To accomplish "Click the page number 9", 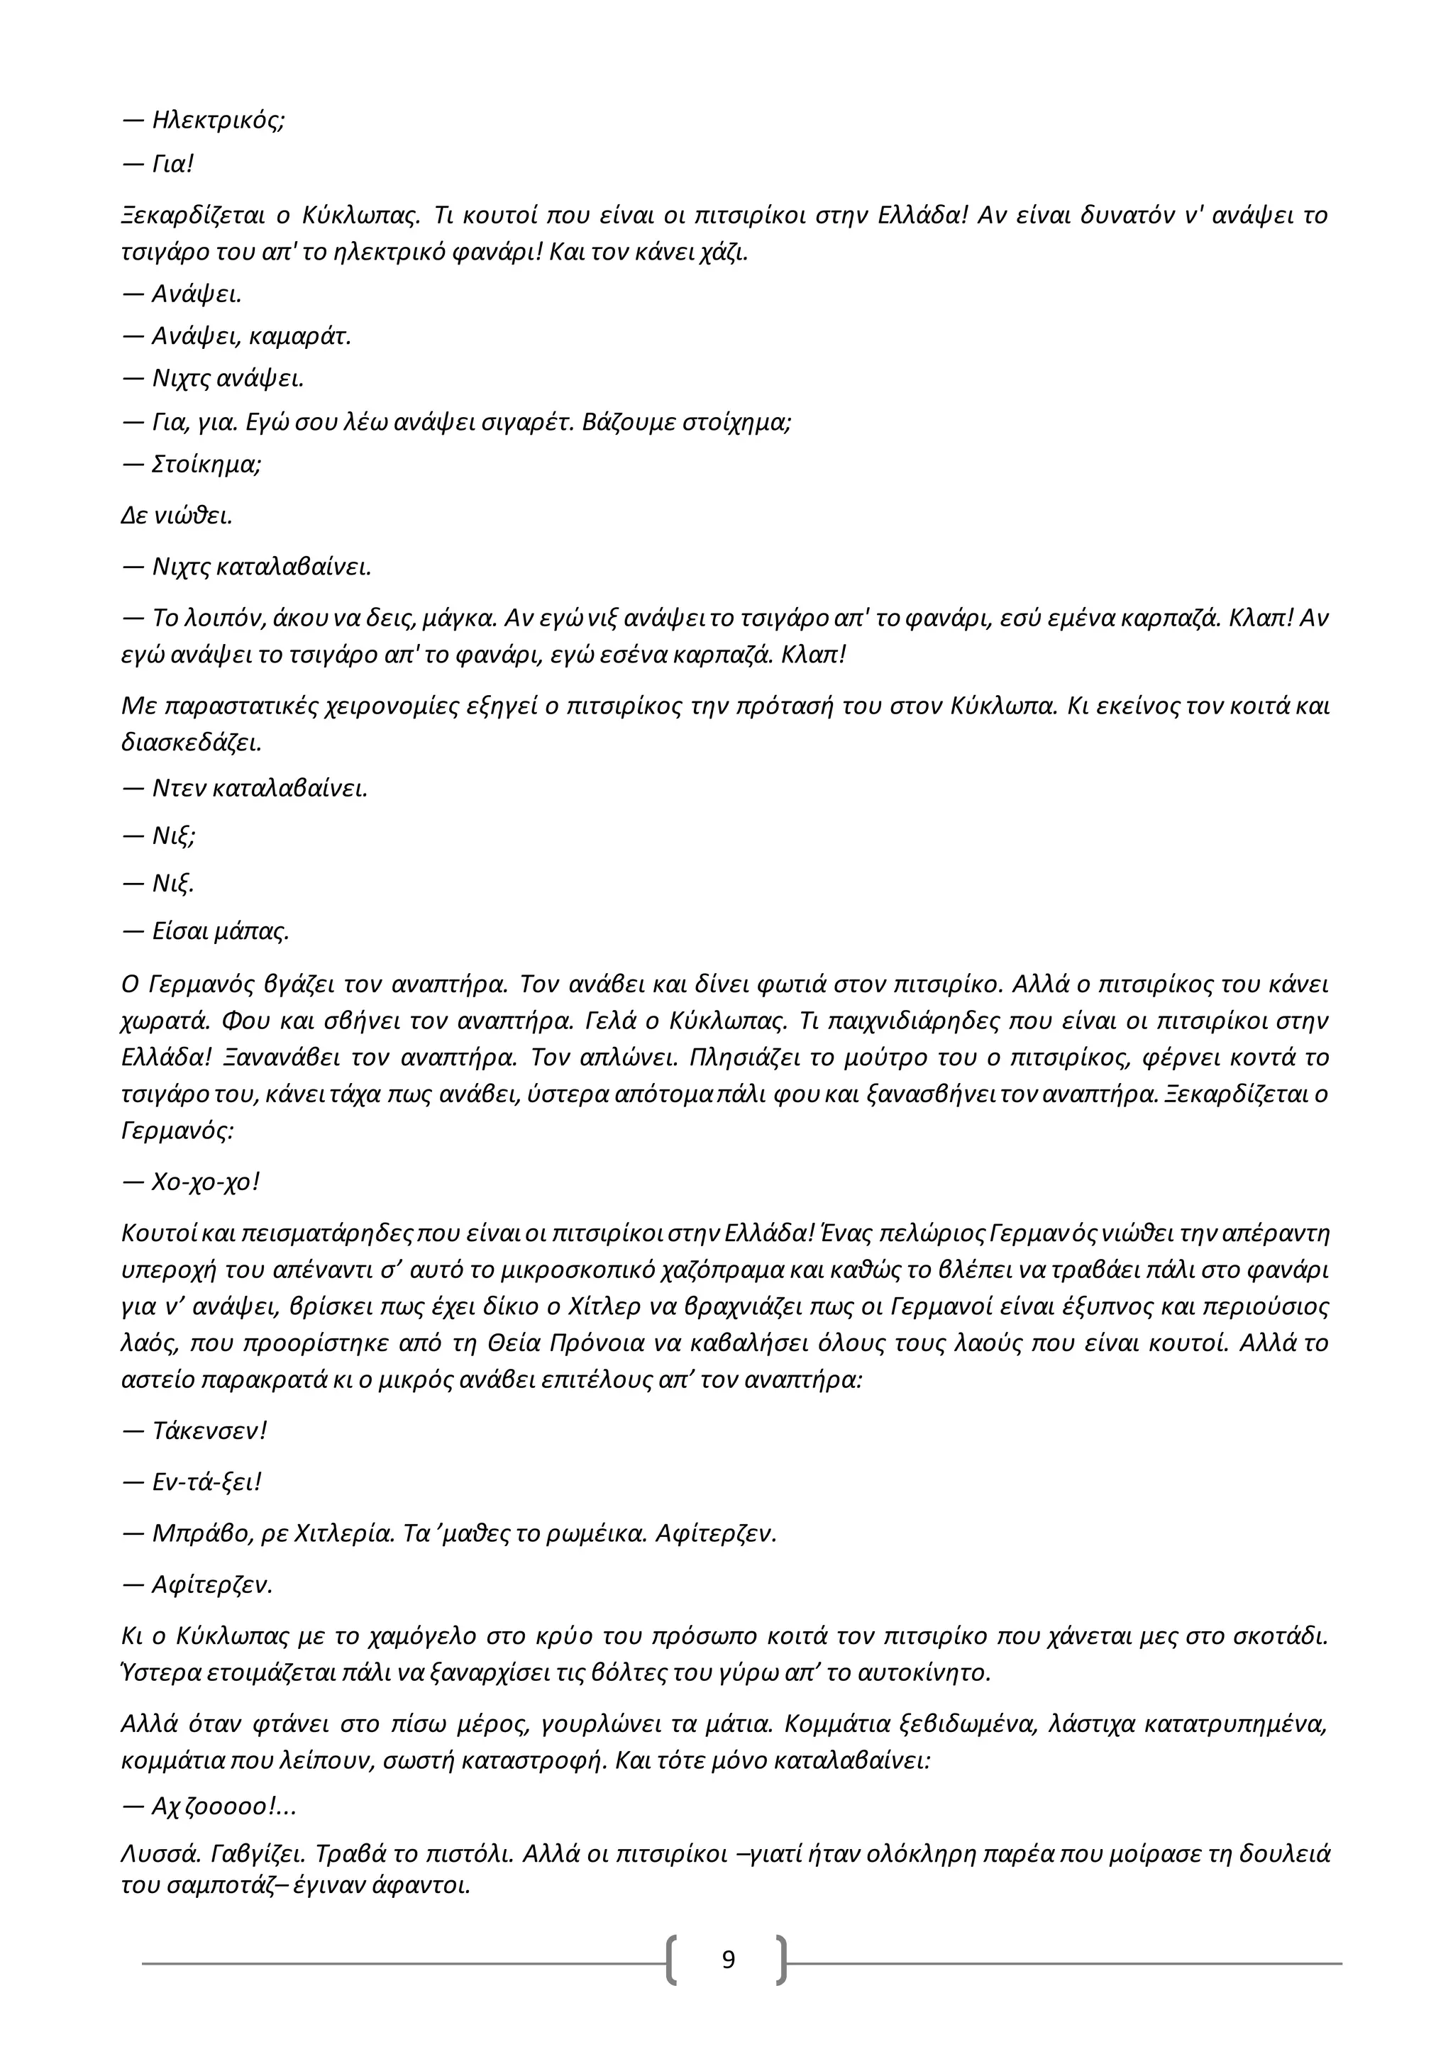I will click(x=729, y=1960).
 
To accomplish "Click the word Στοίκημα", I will click(x=205, y=465).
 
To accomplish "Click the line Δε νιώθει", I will click(x=176, y=516).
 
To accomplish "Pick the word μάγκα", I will click(x=463, y=618).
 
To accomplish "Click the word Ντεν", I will click(x=178, y=788).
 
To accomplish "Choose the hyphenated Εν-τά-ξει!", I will click(x=206, y=1482).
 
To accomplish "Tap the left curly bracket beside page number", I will click(x=672, y=1960).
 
